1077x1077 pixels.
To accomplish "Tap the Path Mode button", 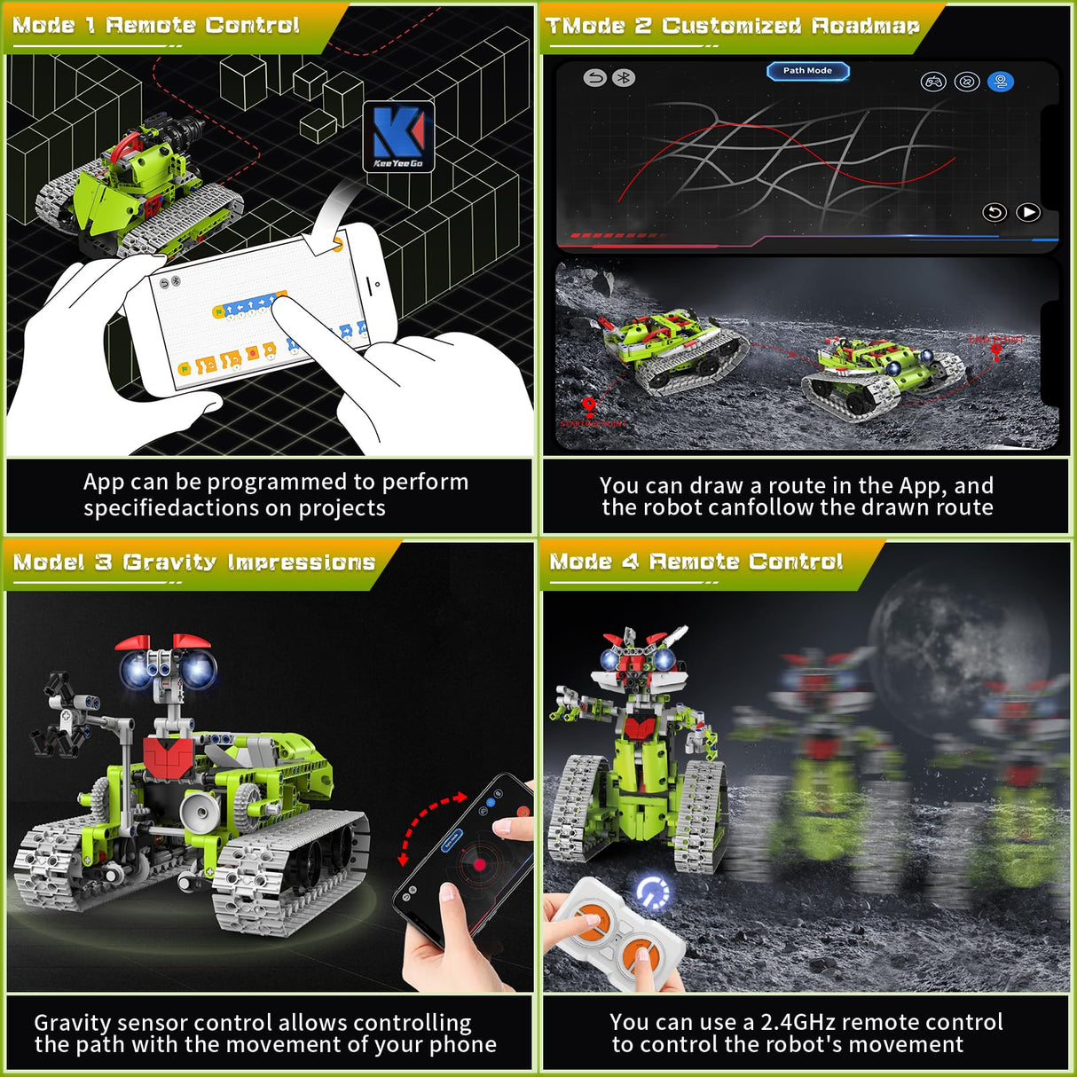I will tap(807, 71).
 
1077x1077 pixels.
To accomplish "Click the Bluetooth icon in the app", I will tap(624, 78).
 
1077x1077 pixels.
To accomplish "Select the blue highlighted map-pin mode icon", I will tap(1000, 83).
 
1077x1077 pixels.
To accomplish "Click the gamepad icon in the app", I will tap(933, 83).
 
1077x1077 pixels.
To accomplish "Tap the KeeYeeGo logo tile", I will tap(398, 136).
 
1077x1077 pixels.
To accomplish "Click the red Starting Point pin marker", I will tap(588, 406).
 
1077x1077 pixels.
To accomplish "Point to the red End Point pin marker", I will tap(996, 350).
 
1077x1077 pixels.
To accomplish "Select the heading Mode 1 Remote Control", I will tap(156, 25).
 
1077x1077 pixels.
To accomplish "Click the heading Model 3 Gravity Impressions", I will tap(194, 562).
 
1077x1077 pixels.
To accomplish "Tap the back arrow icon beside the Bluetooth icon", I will tap(595, 78).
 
